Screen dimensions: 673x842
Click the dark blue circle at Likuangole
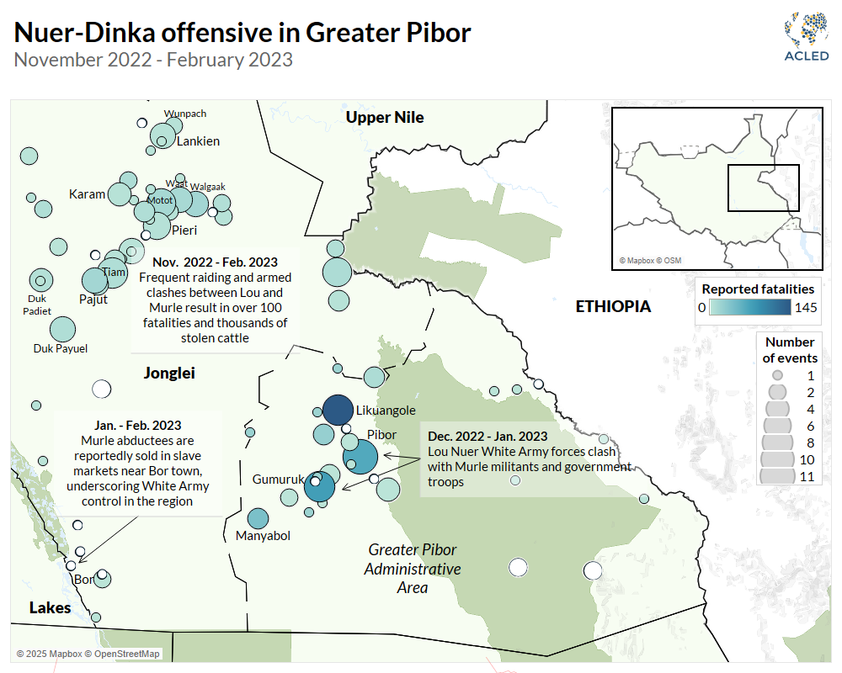338,411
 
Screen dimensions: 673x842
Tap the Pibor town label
381,435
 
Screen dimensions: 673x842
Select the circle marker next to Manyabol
258,518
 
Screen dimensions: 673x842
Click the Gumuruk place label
277,480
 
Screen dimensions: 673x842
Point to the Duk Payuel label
61,348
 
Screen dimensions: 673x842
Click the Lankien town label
198,141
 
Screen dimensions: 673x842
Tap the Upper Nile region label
385,118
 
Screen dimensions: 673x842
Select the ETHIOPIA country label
613,306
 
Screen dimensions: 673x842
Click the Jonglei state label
169,373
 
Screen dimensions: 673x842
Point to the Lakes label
51,608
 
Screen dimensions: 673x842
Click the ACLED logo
806,40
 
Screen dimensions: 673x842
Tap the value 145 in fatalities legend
806,307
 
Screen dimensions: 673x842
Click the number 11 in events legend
807,476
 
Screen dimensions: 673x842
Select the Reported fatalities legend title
758,289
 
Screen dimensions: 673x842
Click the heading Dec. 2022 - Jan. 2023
487,437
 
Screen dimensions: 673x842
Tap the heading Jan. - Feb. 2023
137,426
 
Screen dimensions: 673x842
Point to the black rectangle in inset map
763,188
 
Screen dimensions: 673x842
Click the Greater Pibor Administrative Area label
413,568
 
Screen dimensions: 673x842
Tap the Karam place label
87,194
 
